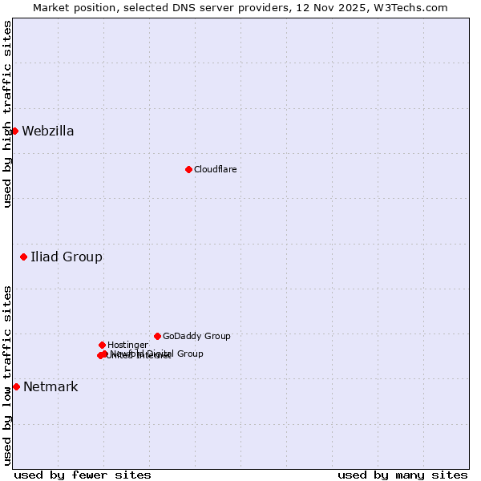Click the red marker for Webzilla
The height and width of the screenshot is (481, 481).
[x=14, y=131]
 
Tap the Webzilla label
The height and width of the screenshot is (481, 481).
[x=48, y=131]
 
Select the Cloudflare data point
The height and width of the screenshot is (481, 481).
[x=188, y=169]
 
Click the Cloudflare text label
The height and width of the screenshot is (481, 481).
[x=216, y=169]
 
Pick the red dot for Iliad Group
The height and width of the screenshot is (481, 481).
[x=24, y=257]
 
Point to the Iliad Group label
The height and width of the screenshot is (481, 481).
[x=67, y=257]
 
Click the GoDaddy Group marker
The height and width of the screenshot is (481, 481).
[x=157, y=336]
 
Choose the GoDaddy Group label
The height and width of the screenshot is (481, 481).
[x=196, y=337]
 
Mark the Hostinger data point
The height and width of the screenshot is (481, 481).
[x=102, y=345]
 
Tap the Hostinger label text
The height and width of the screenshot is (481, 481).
[x=127, y=346]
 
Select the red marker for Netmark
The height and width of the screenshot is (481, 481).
[x=16, y=386]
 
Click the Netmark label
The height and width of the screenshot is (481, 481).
[x=51, y=387]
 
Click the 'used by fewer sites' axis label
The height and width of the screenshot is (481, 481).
[x=83, y=475]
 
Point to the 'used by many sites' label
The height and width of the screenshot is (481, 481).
[x=402, y=475]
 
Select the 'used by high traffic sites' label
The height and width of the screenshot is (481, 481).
[x=7, y=114]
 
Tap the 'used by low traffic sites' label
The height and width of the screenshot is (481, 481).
[x=7, y=375]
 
